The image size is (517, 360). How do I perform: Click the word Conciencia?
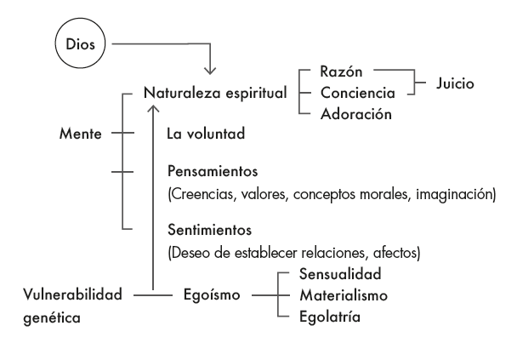pyautogui.click(x=357, y=91)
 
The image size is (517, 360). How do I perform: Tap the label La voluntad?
pyautogui.click(x=207, y=134)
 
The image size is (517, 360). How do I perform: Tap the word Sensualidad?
pyautogui.click(x=339, y=276)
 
